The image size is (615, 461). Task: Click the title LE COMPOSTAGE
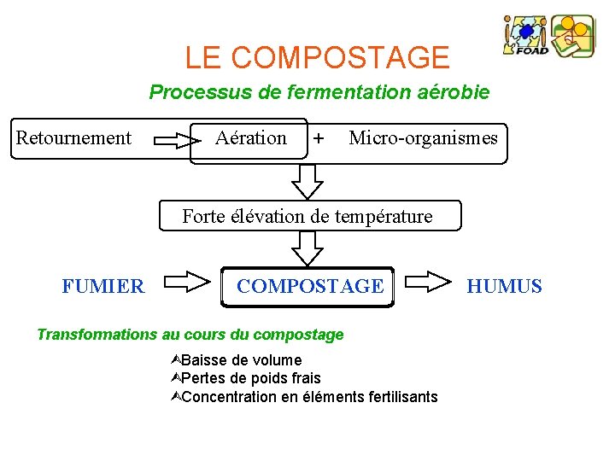[x=317, y=57]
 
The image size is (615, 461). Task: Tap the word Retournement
[x=74, y=137]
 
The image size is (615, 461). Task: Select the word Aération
[x=251, y=137]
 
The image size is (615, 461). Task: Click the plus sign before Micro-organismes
[x=319, y=137]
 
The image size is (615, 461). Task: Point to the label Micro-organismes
[x=423, y=137]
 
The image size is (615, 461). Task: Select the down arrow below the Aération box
[x=307, y=180]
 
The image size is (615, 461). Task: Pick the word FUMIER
[x=103, y=287]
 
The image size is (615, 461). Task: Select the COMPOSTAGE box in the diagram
[x=308, y=286]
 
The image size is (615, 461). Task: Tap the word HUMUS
[x=504, y=287]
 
